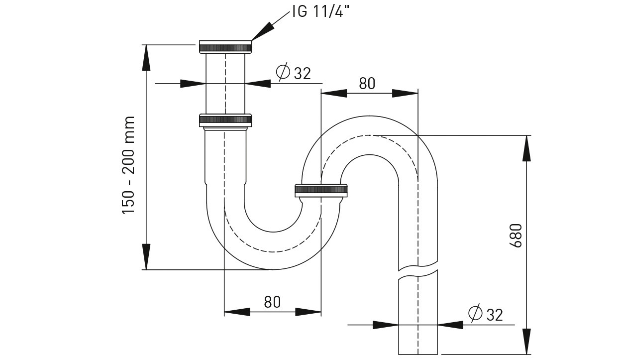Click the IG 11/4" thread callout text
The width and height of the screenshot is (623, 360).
pyautogui.click(x=320, y=11)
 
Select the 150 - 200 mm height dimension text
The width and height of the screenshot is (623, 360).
pyautogui.click(x=128, y=165)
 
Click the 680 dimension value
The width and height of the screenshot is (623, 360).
pyautogui.click(x=516, y=236)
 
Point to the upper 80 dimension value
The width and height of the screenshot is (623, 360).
pyautogui.click(x=367, y=83)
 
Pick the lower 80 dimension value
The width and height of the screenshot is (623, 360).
pyautogui.click(x=272, y=302)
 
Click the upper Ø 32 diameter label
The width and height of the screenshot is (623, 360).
pyautogui.click(x=294, y=73)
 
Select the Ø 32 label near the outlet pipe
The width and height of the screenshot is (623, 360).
pyautogui.click(x=486, y=314)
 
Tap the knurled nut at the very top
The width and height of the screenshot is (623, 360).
pyautogui.click(x=225, y=47)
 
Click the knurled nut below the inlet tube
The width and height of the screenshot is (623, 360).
pyautogui.click(x=225, y=120)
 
